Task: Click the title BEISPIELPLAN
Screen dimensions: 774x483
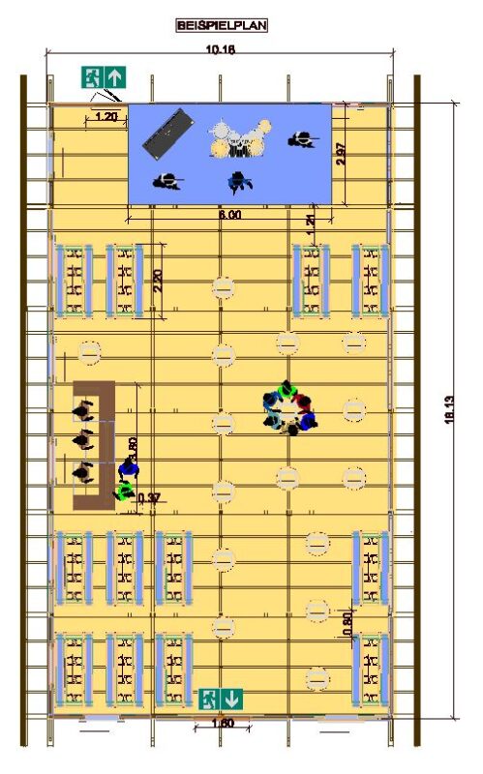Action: pyautogui.click(x=221, y=26)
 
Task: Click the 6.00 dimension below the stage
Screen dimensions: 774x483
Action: pyautogui.click(x=229, y=215)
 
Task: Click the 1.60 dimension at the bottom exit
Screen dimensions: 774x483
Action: pyautogui.click(x=222, y=723)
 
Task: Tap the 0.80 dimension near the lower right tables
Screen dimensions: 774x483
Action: pyautogui.click(x=347, y=622)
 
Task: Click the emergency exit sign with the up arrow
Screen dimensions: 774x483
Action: pyautogui.click(x=105, y=76)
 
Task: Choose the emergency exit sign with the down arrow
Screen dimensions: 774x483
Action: pyautogui.click(x=221, y=697)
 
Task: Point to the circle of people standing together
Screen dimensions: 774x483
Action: pyautogui.click(x=289, y=408)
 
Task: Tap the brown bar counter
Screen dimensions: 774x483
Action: pyautogui.click(x=96, y=445)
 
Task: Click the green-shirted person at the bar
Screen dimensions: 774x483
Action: pyautogui.click(x=123, y=491)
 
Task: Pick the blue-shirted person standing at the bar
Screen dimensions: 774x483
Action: pyautogui.click(x=128, y=470)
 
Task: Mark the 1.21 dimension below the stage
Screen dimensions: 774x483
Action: pyautogui.click(x=310, y=221)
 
